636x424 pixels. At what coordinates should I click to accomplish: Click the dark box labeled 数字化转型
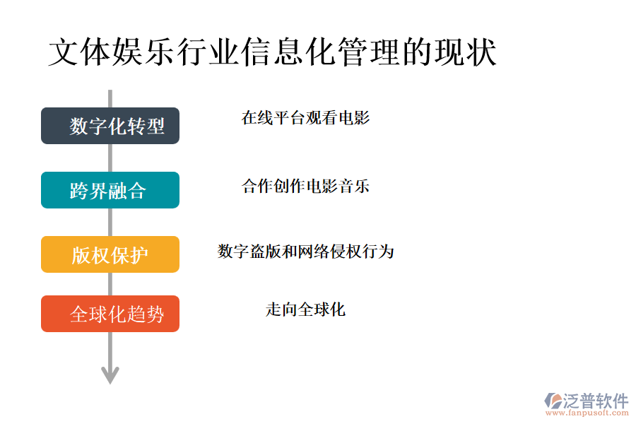click(x=110, y=126)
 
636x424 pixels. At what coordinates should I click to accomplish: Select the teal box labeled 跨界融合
click(x=110, y=190)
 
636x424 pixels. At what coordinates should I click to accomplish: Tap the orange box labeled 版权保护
click(x=110, y=254)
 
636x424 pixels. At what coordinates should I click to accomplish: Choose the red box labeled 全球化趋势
click(x=110, y=314)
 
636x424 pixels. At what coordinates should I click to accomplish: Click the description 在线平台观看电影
click(x=305, y=118)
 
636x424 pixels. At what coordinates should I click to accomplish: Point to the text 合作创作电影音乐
click(x=305, y=187)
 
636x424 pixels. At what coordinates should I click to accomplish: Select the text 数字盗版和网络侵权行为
click(x=305, y=251)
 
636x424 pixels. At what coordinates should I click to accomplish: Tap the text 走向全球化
click(x=305, y=310)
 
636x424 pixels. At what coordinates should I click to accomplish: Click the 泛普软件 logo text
click(x=596, y=401)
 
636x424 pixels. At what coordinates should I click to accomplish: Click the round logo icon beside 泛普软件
click(x=553, y=401)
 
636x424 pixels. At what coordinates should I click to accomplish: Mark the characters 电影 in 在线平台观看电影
click(x=354, y=118)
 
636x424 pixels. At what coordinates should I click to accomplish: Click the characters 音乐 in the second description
click(x=354, y=187)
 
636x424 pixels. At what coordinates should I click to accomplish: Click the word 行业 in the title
click(x=208, y=53)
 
